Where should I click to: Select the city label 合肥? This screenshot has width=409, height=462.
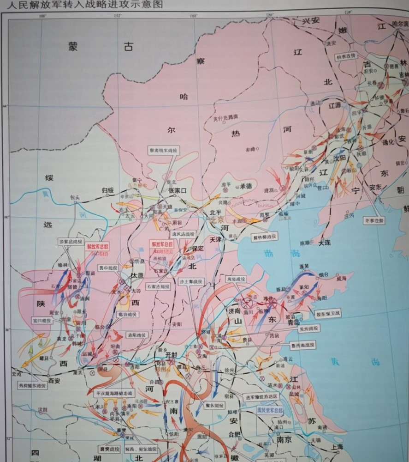click(x=234, y=434)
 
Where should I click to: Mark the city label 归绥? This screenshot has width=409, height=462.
click(x=107, y=189)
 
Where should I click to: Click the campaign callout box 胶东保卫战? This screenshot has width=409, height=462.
click(x=329, y=314)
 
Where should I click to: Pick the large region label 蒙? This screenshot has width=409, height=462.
click(x=74, y=45)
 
